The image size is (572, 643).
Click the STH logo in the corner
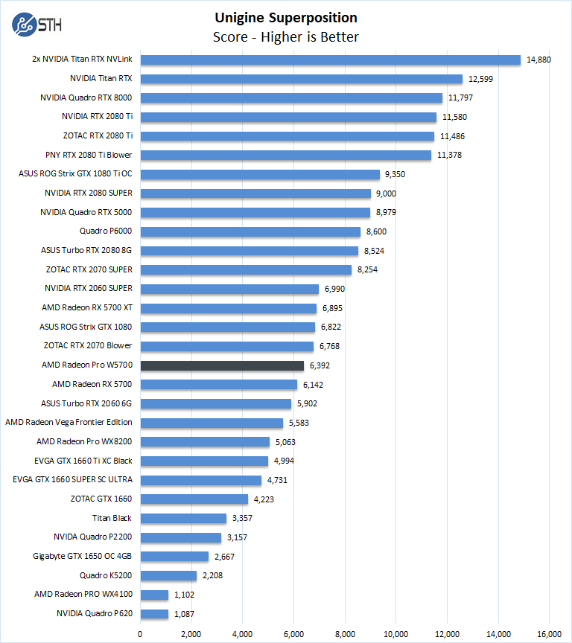(x=36, y=23)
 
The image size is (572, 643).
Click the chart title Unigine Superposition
(x=286, y=18)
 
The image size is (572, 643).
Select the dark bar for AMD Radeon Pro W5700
(x=222, y=365)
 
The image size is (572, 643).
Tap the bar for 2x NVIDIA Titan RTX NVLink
(x=330, y=60)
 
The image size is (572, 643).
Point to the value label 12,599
(x=480, y=79)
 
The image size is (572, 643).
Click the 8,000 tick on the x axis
(x=345, y=634)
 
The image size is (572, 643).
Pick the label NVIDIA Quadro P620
(x=94, y=614)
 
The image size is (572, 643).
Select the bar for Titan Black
(x=183, y=518)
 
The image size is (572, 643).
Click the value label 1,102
(x=186, y=595)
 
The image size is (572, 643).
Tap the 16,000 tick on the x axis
(x=549, y=634)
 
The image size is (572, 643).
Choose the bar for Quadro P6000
(x=250, y=231)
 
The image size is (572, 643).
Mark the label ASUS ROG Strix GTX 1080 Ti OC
(x=75, y=174)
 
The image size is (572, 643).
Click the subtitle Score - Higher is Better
(x=286, y=37)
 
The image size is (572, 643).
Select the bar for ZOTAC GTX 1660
(x=194, y=499)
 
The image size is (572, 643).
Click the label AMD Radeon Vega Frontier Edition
(x=69, y=423)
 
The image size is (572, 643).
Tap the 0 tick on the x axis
(x=140, y=634)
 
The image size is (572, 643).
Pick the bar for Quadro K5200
(x=168, y=575)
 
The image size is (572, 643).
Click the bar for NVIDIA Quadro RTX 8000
(x=291, y=97)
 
